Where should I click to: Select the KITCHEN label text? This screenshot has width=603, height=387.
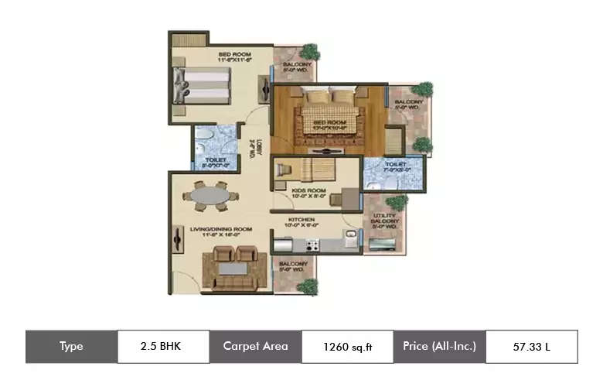[302, 220]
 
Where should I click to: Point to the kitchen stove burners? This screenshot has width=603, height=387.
[312, 246]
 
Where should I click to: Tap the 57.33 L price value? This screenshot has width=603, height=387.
[531, 347]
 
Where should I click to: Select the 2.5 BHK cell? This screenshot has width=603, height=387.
[163, 347]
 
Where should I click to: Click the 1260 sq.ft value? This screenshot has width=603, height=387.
[347, 347]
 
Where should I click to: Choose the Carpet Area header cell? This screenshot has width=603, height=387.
[255, 347]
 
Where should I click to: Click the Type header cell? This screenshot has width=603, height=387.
[71, 347]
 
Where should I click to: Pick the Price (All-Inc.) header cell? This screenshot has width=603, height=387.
[439, 347]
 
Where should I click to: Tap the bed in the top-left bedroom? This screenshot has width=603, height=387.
[203, 85]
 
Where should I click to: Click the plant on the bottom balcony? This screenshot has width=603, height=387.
[307, 286]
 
